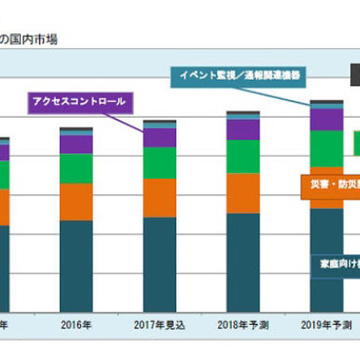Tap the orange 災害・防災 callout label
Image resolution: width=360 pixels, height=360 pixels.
pos(330,184)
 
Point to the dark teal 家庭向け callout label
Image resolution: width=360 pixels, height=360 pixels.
pos(334,264)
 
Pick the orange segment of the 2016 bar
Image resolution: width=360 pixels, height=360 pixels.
pos(76,201)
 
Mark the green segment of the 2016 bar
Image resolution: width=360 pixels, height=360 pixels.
pos(76,169)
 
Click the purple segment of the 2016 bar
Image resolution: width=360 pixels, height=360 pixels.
pos(76,144)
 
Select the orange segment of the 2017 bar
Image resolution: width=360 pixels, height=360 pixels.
pos(160,197)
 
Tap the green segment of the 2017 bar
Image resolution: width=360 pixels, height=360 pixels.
pos(160,162)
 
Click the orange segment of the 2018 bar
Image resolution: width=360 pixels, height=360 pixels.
pos(243,193)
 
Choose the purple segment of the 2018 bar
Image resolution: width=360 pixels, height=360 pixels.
pos(243,129)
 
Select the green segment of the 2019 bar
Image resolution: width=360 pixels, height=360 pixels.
pos(327,148)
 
